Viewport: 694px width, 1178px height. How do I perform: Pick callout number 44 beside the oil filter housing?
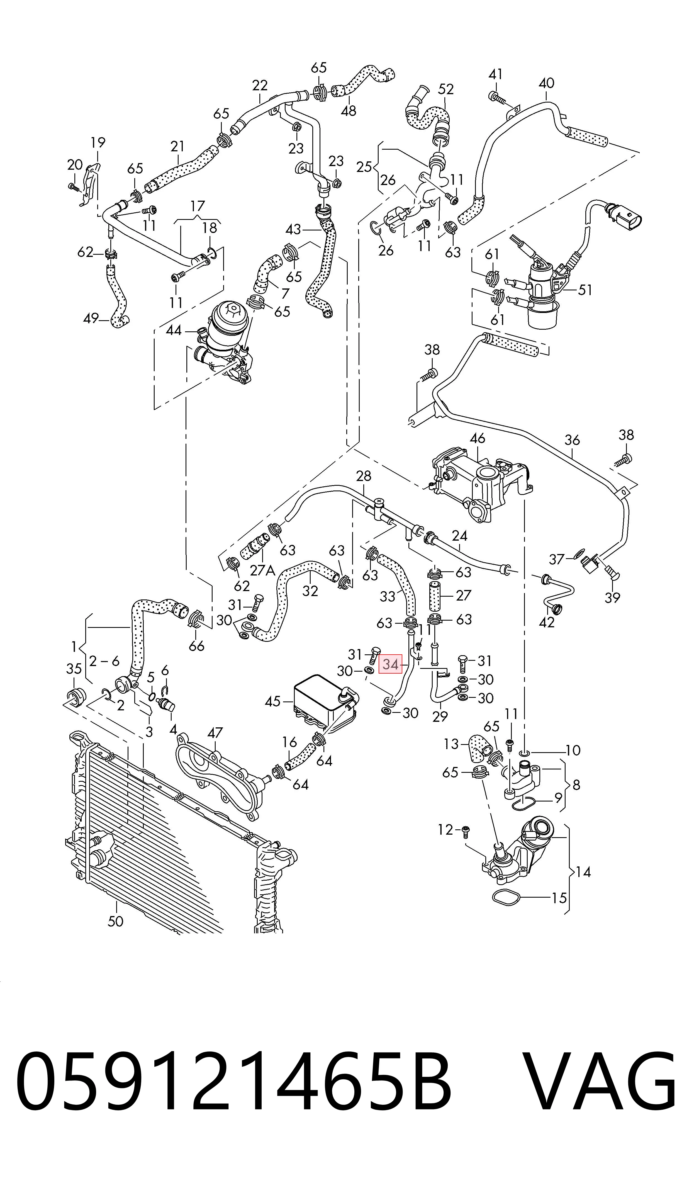tap(174, 330)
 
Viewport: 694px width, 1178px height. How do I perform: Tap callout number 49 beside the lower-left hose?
tap(91, 319)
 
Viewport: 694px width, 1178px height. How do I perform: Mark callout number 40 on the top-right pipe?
tap(546, 83)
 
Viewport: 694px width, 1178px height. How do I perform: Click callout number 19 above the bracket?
tap(98, 142)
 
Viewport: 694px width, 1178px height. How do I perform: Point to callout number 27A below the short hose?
tap(262, 570)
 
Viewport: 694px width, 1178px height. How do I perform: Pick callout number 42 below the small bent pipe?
tap(546, 622)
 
